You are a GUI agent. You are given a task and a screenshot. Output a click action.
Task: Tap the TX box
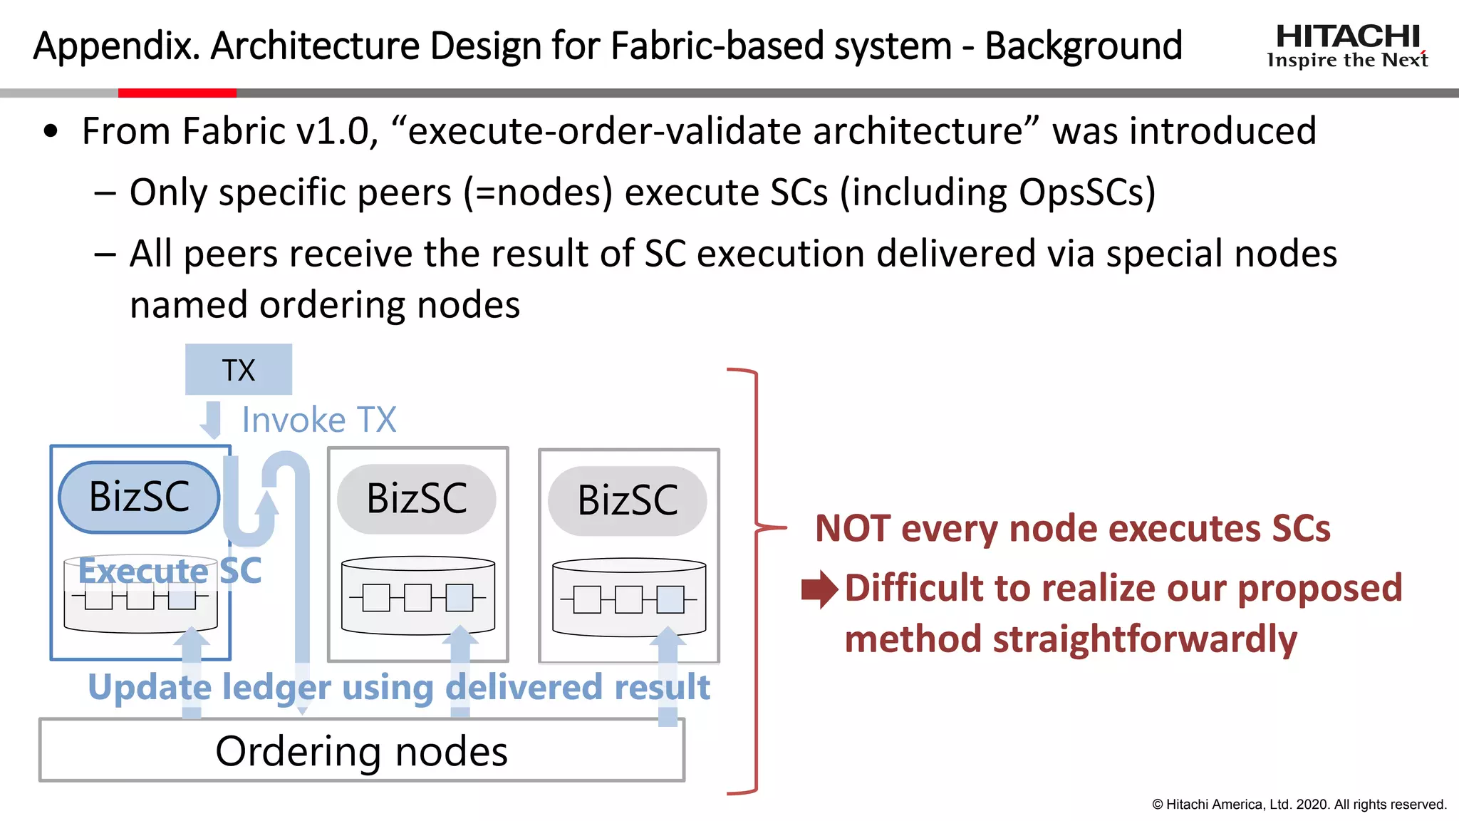[238, 369]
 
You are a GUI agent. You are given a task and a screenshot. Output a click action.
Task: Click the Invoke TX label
[318, 420]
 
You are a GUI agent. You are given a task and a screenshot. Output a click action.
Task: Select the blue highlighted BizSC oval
[139, 497]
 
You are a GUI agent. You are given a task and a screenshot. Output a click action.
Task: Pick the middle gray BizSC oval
[417, 498]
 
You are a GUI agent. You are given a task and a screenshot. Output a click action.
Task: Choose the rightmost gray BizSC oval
[628, 500]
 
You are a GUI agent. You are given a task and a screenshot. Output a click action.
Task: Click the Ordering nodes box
[361, 751]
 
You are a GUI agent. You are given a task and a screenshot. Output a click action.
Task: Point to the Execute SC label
[170, 571]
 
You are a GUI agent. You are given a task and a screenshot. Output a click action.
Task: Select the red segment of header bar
[177, 93]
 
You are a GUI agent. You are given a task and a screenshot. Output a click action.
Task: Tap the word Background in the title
[1083, 46]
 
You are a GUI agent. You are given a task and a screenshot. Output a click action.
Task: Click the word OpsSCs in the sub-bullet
[1086, 192]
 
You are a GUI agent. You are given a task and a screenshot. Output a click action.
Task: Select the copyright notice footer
[1299, 804]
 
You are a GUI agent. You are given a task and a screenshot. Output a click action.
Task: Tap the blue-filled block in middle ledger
[459, 597]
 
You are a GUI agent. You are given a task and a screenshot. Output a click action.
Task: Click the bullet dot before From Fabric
[50, 131]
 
